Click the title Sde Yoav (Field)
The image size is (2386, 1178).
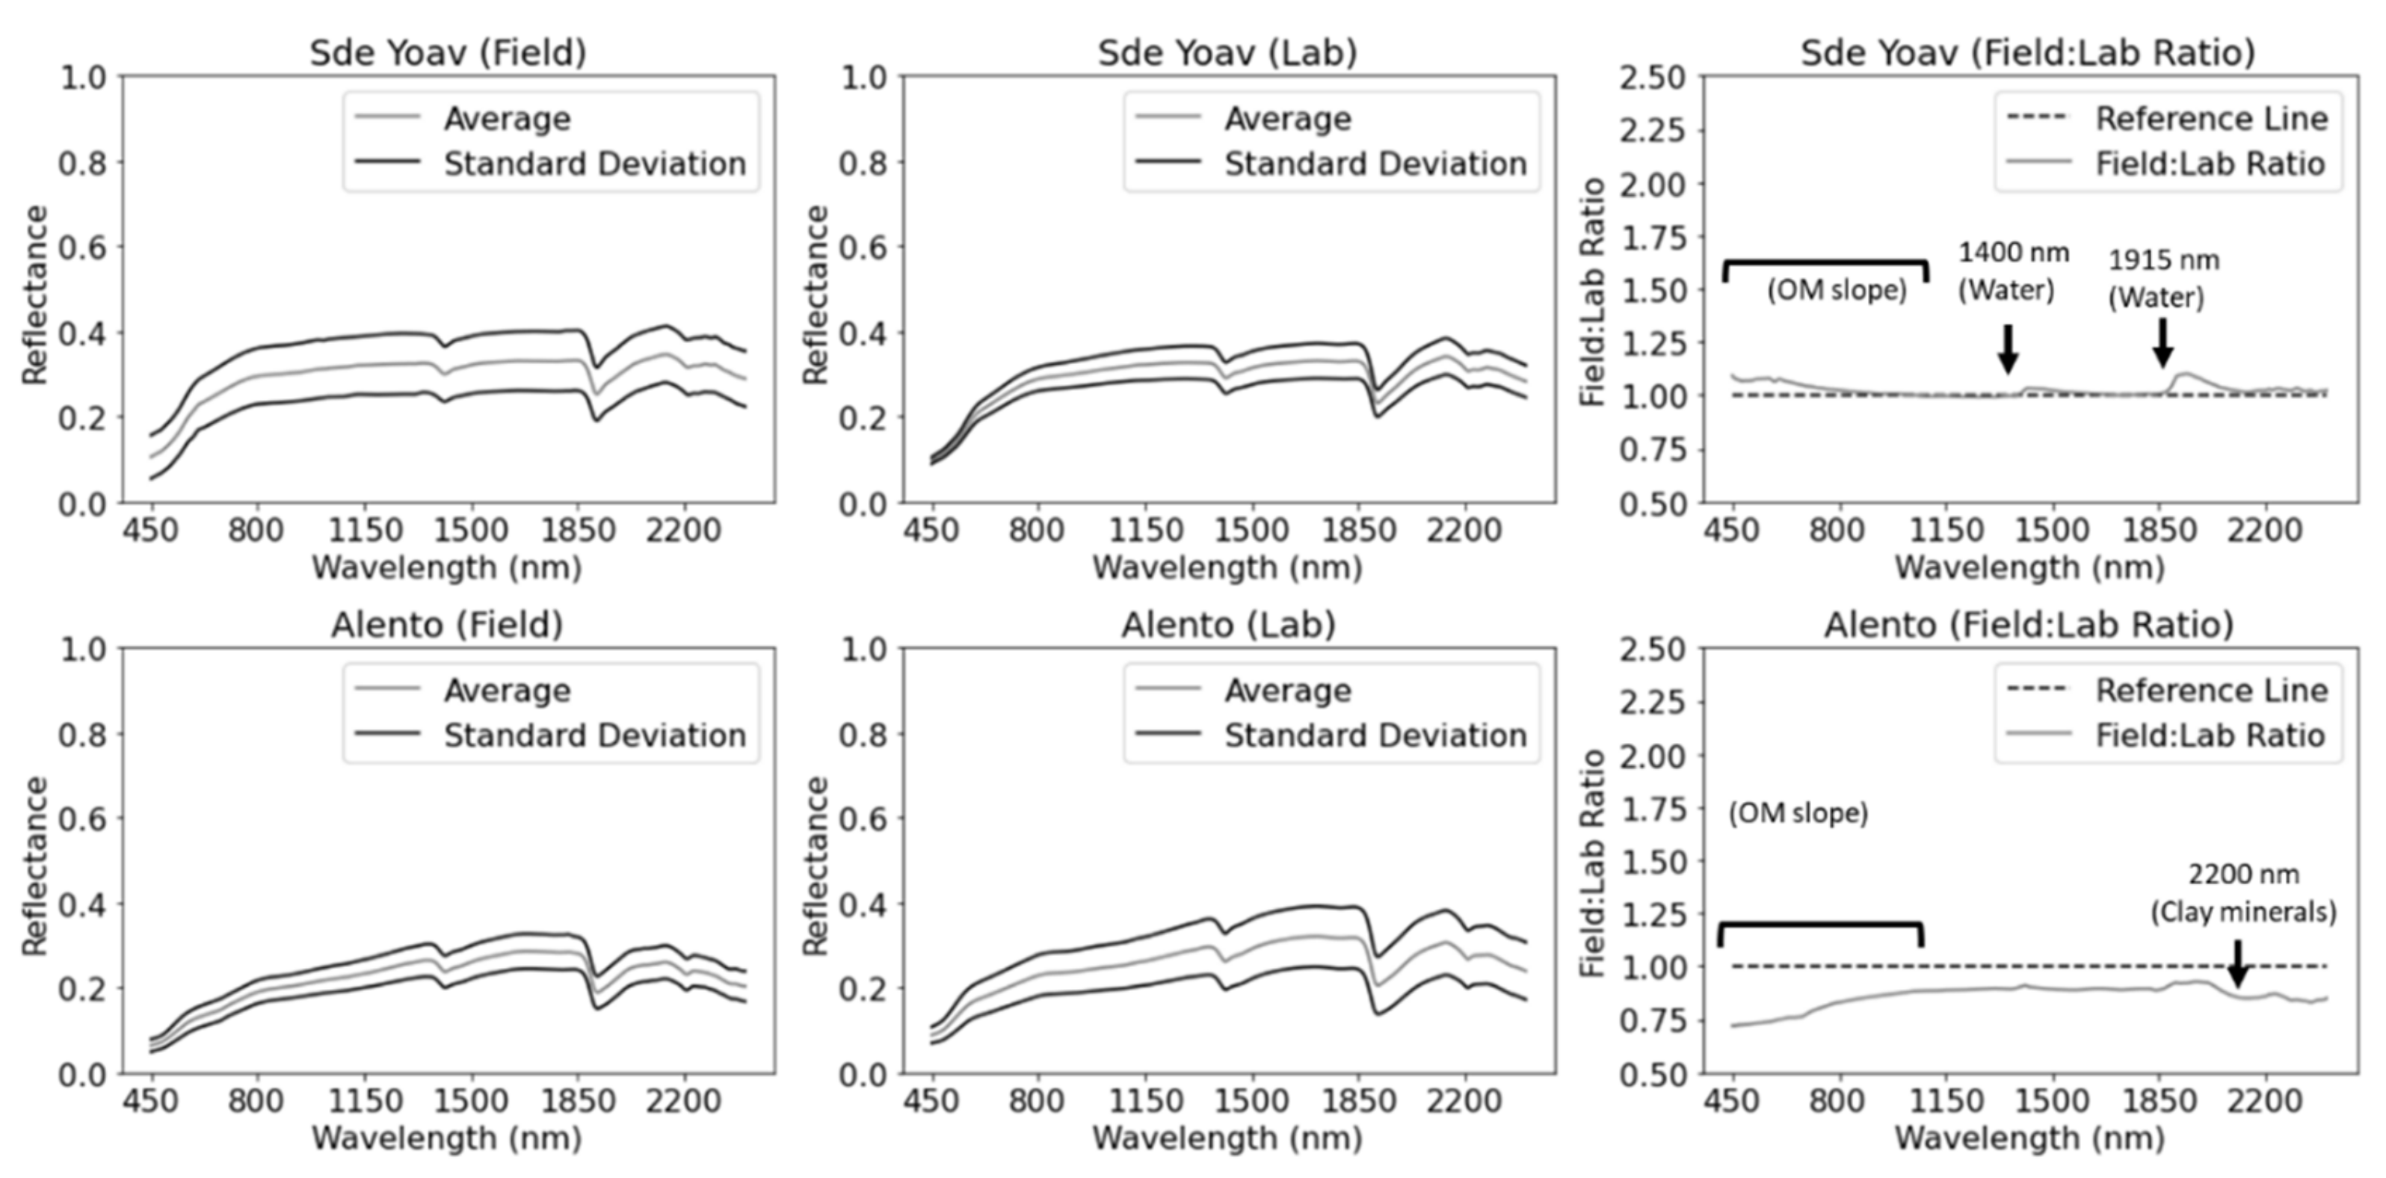(447, 53)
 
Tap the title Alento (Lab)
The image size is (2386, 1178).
(1228, 625)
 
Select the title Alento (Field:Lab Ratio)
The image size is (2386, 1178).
(2029, 625)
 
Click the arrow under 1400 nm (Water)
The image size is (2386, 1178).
(2007, 348)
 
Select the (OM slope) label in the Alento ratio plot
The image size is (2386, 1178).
(1798, 814)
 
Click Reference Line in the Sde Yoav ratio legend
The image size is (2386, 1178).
(2211, 119)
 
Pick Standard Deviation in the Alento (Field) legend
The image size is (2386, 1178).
(594, 736)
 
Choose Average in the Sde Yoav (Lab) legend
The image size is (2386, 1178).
(1287, 119)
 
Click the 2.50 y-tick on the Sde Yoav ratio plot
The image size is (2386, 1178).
(1651, 78)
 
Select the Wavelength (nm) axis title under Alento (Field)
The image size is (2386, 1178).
(446, 1137)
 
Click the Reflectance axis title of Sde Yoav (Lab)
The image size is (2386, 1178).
(815, 294)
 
